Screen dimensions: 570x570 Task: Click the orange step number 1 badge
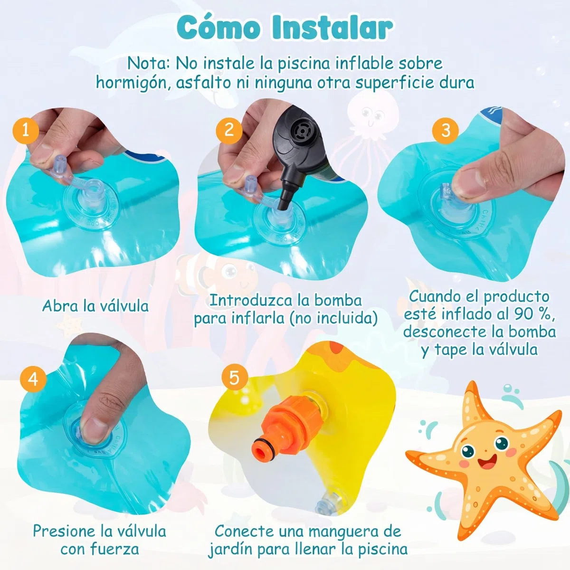pos(26,131)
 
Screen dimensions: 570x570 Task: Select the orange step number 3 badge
pos(446,131)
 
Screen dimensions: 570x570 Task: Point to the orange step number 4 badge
pos(33,379)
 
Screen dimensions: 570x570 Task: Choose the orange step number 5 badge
pos(235,378)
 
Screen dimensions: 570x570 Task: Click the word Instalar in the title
pos(332,28)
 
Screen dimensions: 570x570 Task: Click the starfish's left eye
pos(468,451)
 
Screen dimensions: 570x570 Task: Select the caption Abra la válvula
pos(95,306)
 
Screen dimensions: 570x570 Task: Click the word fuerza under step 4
pos(115,549)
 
